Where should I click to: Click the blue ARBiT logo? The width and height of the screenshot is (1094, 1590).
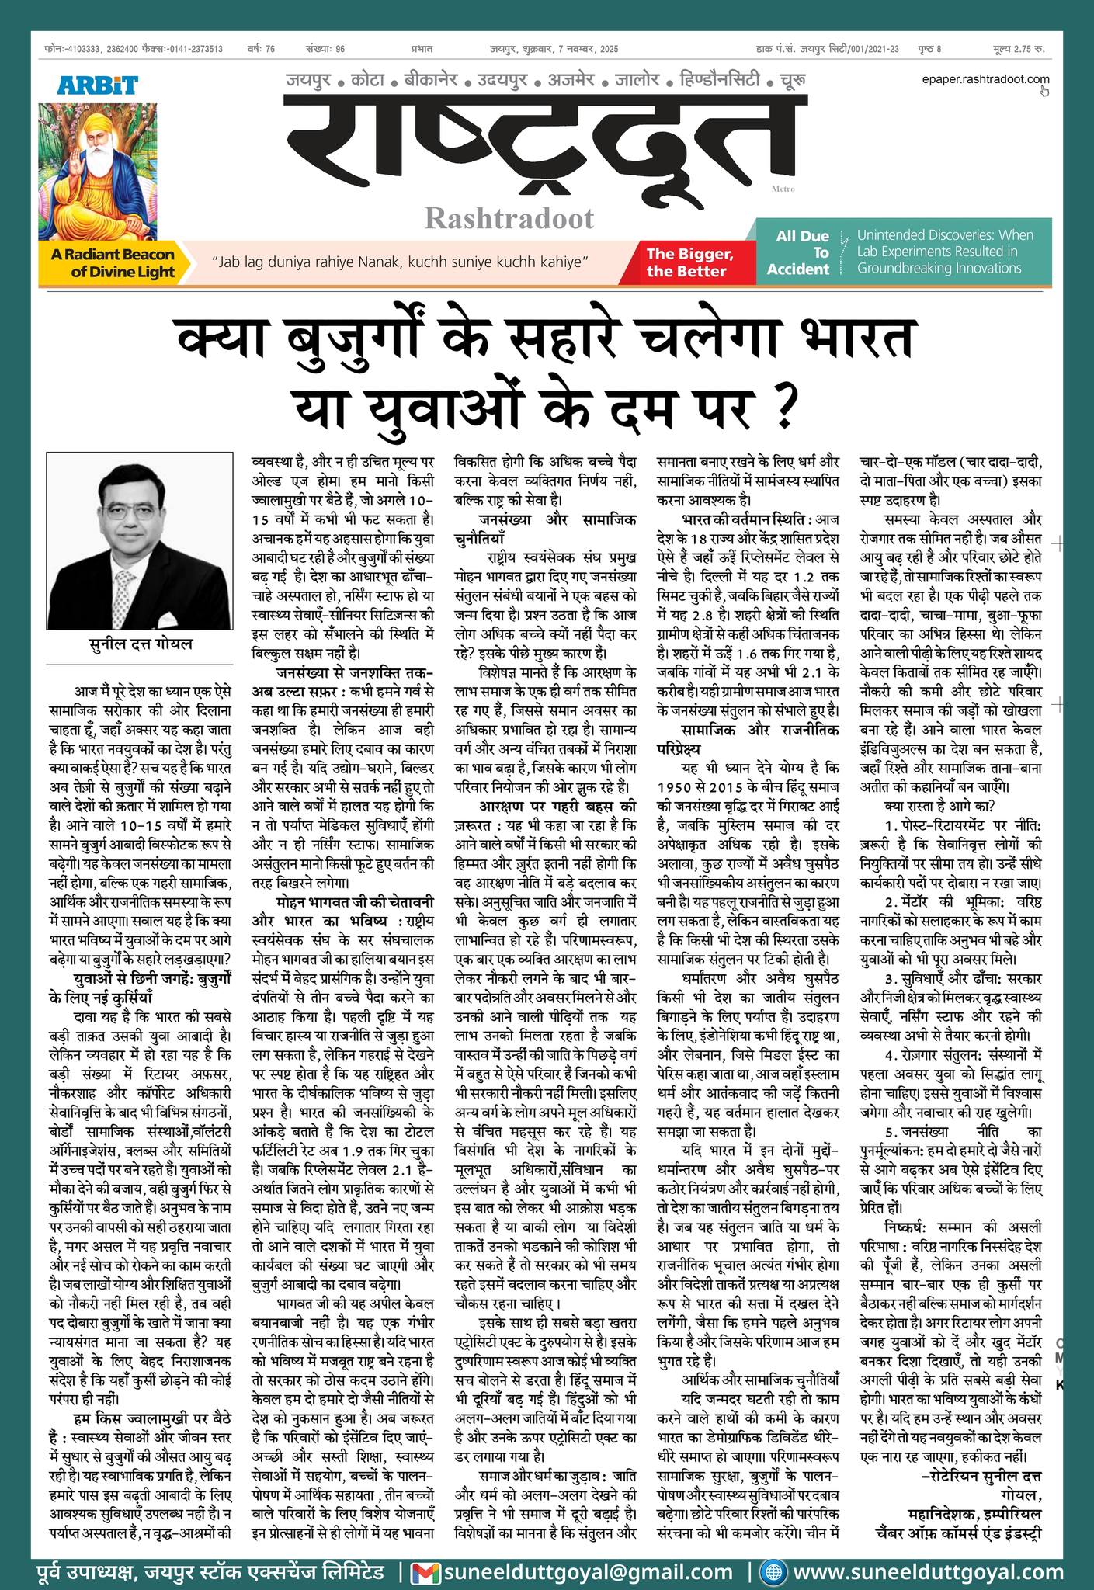(x=98, y=85)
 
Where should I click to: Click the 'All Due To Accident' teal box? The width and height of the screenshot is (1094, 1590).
(x=797, y=252)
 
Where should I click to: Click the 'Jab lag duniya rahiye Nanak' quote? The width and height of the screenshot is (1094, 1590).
(x=401, y=262)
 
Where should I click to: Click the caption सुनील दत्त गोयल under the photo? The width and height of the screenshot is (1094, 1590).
(x=139, y=644)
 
